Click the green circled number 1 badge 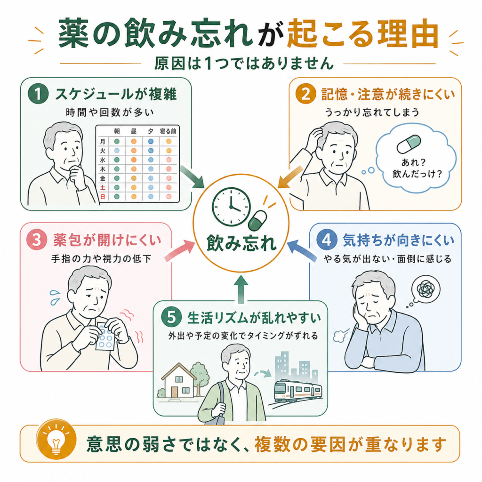(38, 94)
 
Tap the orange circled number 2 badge (305, 94)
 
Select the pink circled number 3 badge (37, 240)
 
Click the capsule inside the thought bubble (409, 144)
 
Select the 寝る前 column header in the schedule (168, 131)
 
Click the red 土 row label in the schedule (103, 187)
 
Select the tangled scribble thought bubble (425, 289)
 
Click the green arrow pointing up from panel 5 (241, 289)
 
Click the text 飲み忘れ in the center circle (241, 243)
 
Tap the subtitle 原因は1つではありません (244, 63)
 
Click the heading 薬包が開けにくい (107, 240)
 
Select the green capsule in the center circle (257, 220)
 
